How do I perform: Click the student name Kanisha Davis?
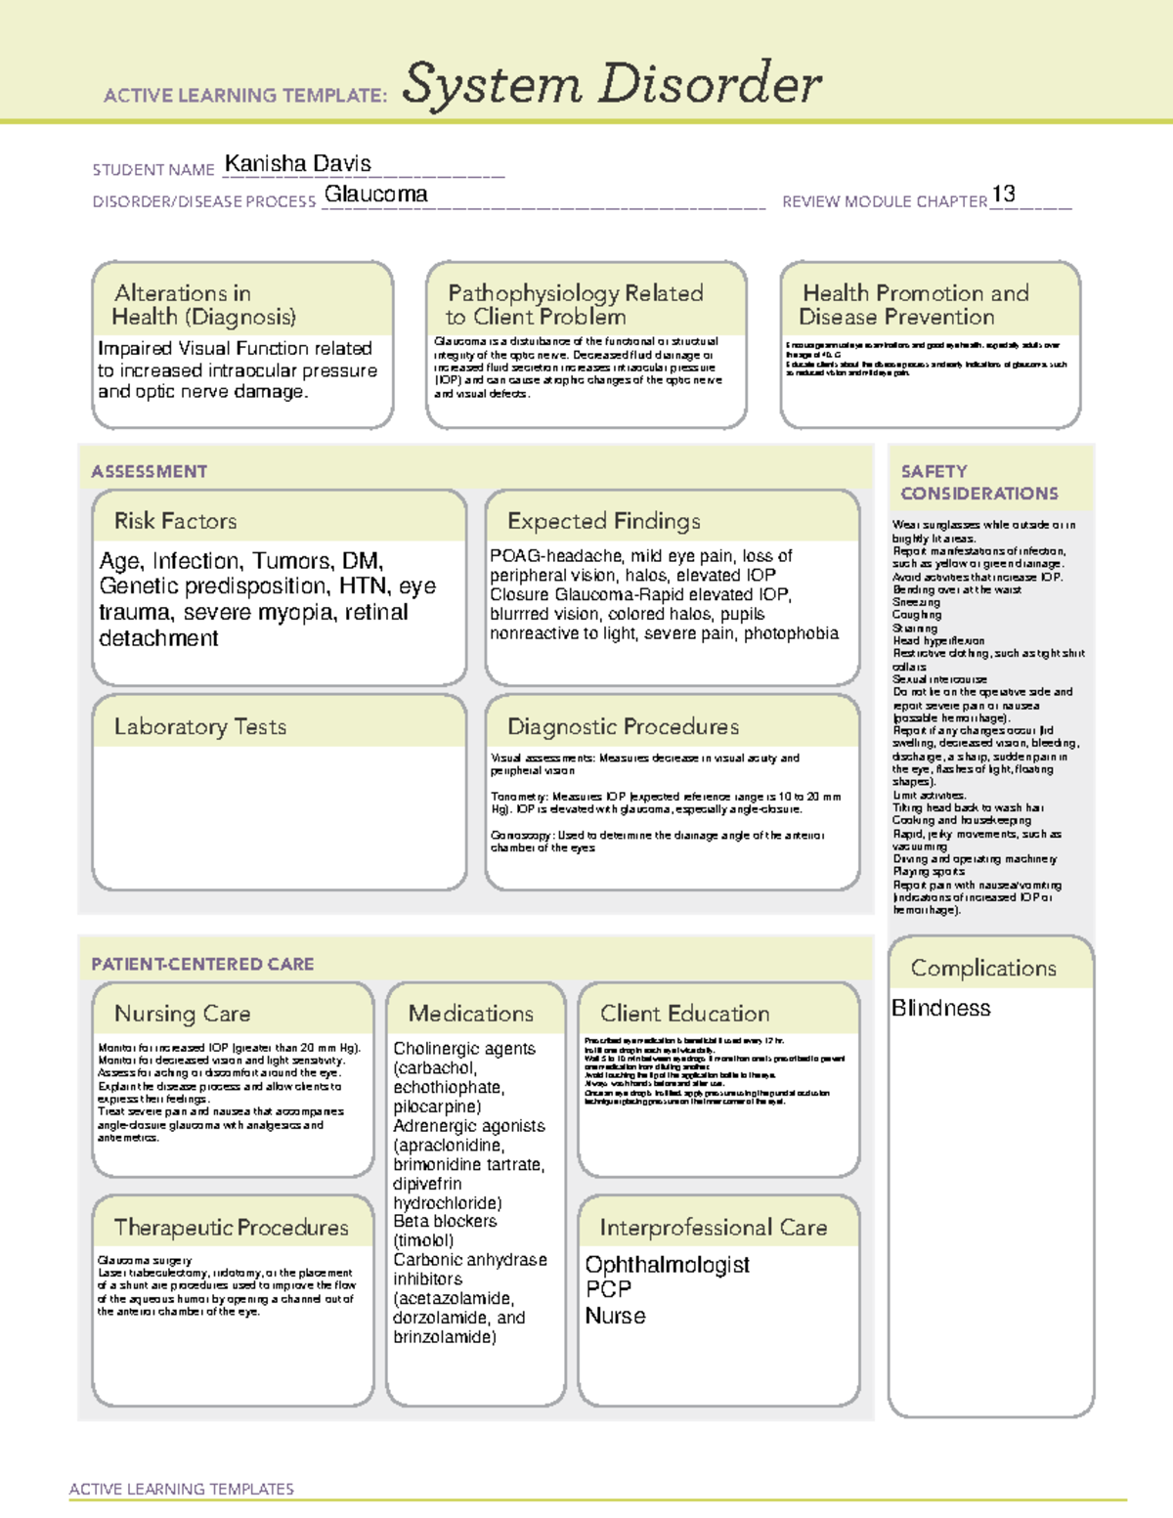[297, 163]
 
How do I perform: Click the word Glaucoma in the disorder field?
[375, 195]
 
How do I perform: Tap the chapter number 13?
[1003, 194]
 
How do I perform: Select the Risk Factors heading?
[175, 521]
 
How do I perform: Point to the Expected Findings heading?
[603, 521]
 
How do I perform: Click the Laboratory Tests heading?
[199, 726]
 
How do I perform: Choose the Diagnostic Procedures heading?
[623, 726]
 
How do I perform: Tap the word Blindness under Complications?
[940, 1008]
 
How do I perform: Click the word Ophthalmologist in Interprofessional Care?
[667, 1265]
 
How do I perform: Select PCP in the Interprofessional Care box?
[608, 1289]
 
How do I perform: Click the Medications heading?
[470, 1014]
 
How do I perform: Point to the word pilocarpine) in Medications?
[437, 1106]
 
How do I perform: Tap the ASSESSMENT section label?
[149, 471]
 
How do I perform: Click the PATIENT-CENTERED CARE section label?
[202, 964]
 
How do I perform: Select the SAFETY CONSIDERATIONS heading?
[977, 482]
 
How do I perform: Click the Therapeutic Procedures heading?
[231, 1227]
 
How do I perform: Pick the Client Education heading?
[684, 1014]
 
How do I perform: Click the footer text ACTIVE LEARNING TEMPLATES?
[181, 1489]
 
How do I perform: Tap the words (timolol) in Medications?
[423, 1240]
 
